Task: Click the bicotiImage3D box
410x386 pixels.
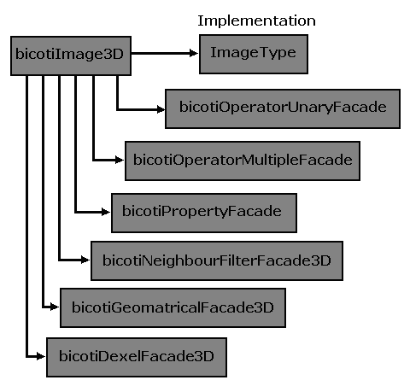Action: (x=71, y=56)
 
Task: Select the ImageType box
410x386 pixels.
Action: (x=254, y=54)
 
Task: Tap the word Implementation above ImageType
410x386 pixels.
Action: (x=256, y=20)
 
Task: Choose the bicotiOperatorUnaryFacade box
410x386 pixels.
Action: (x=283, y=108)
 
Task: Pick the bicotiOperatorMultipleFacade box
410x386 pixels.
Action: (x=243, y=161)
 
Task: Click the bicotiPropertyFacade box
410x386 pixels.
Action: (x=204, y=213)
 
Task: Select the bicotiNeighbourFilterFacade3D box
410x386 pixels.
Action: (x=217, y=260)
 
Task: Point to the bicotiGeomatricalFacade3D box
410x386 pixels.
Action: (x=173, y=307)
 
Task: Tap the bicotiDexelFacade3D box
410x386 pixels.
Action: (x=137, y=357)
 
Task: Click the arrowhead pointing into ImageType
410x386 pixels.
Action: (x=194, y=53)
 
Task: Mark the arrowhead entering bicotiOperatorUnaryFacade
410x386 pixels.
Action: (x=161, y=109)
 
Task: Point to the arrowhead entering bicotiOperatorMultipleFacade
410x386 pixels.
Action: (x=120, y=161)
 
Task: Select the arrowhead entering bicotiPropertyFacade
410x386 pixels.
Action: (x=106, y=212)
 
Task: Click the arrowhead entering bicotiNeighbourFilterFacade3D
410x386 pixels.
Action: (x=85, y=260)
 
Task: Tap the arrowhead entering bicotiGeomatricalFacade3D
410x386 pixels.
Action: (x=55, y=307)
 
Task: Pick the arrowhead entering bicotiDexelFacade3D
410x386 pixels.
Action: (x=41, y=356)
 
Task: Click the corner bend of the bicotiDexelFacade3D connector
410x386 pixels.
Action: (x=26, y=356)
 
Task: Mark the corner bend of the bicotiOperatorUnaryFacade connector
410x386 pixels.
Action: (x=117, y=109)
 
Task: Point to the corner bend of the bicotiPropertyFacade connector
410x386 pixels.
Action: (x=75, y=212)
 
